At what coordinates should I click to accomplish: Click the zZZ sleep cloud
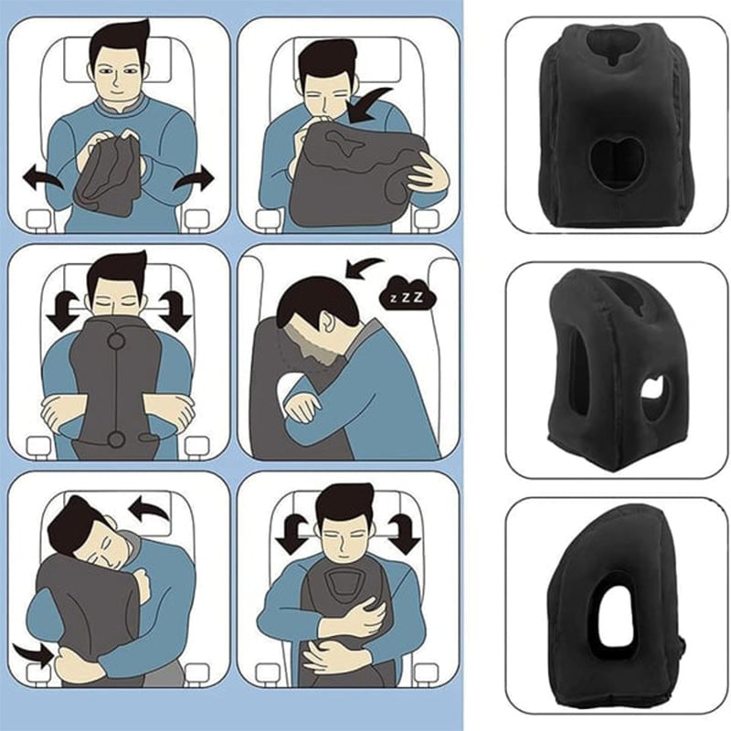(x=405, y=298)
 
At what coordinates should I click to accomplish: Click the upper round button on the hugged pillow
(x=116, y=342)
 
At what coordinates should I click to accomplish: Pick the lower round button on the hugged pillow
(x=116, y=441)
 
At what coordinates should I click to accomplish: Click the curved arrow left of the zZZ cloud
(x=365, y=266)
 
